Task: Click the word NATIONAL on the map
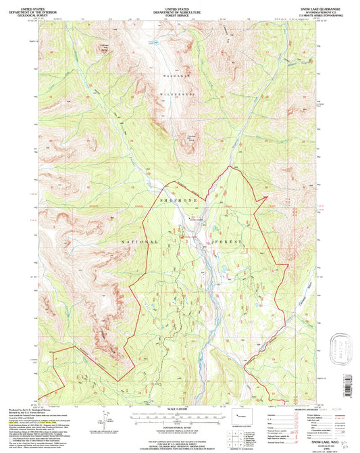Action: (x=140, y=241)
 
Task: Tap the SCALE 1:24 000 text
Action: (x=176, y=408)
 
